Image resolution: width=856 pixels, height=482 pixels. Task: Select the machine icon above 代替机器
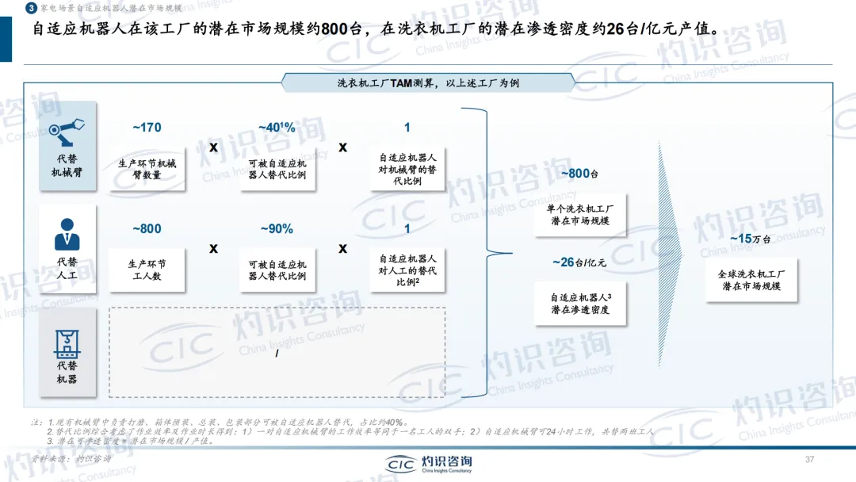click(67, 339)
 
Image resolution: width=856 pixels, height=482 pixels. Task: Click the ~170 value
click(147, 128)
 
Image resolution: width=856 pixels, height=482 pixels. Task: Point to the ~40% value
click(277, 128)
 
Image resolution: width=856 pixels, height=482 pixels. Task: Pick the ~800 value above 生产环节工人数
click(147, 229)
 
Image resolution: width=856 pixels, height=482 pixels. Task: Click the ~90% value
click(277, 229)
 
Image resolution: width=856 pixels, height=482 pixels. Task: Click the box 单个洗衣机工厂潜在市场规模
click(579, 214)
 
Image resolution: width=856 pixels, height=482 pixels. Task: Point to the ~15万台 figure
click(751, 239)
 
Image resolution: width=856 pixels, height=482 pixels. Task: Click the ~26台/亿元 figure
click(579, 262)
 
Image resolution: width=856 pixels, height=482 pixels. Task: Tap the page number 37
click(809, 460)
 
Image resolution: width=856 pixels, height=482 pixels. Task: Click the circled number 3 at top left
click(30, 8)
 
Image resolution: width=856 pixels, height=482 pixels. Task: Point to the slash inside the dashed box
click(277, 352)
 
